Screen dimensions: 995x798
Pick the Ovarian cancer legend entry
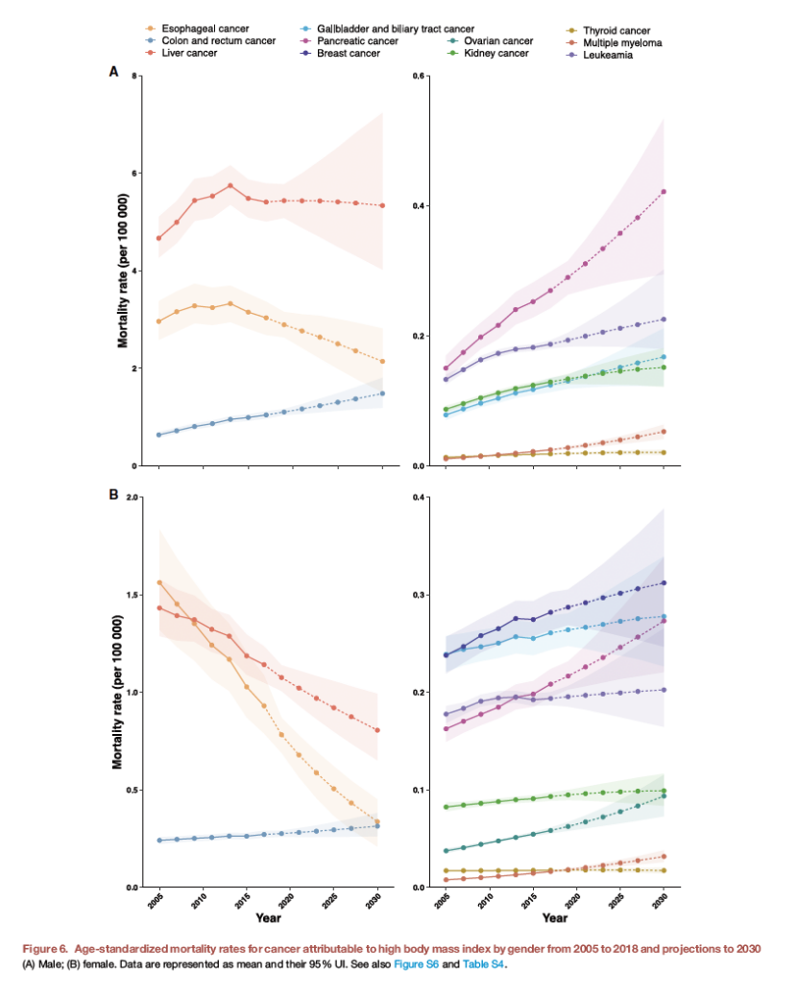(497, 41)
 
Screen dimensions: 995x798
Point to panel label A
(113, 72)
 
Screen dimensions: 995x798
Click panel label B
(113, 495)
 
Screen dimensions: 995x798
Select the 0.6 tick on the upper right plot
(419, 75)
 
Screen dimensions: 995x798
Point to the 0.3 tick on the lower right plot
(419, 595)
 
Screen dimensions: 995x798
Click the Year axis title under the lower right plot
(554, 918)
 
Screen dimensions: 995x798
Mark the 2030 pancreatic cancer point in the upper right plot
(664, 192)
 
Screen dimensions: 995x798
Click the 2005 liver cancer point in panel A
(158, 238)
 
